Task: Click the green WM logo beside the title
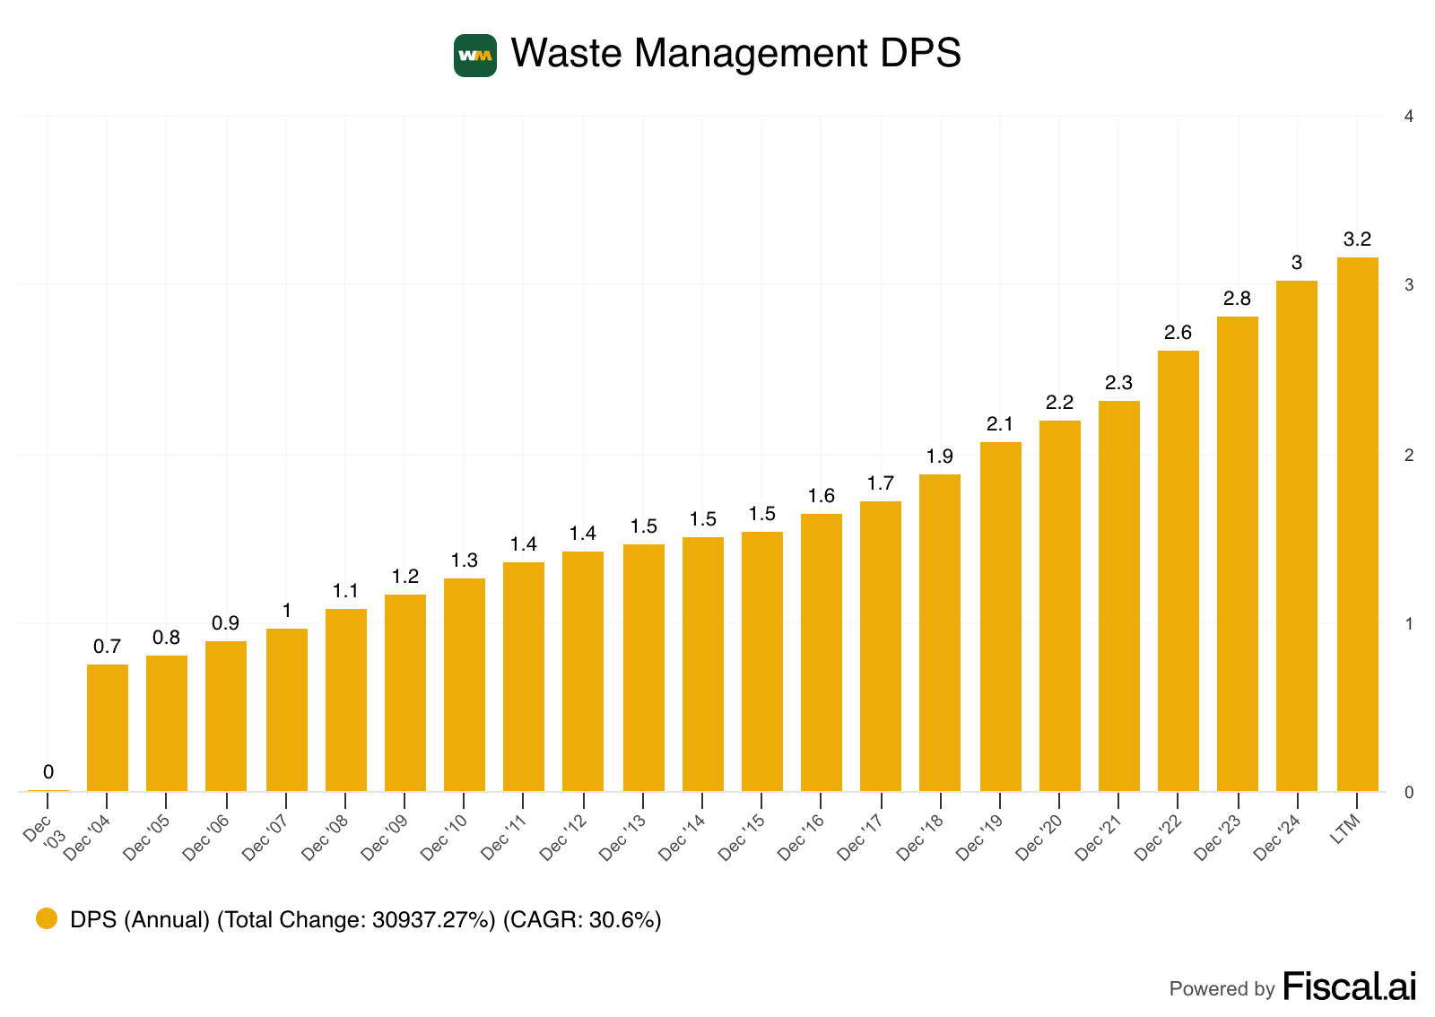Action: click(x=474, y=56)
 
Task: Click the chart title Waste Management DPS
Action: click(x=735, y=53)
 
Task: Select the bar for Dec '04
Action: click(x=108, y=727)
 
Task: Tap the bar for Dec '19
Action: click(x=1000, y=616)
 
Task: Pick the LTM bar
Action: click(x=1357, y=524)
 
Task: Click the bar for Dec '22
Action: click(x=1178, y=570)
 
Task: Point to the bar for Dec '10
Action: click(x=465, y=684)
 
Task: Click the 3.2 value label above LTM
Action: click(x=1357, y=239)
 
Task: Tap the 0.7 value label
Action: click(x=107, y=647)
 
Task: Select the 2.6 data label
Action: click(x=1178, y=333)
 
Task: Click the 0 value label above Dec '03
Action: click(x=48, y=772)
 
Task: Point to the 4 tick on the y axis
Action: click(x=1409, y=117)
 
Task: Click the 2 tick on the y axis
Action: click(x=1409, y=456)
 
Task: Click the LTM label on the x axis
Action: click(x=1345, y=830)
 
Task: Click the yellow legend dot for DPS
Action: click(x=47, y=918)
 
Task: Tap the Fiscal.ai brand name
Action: click(x=1349, y=987)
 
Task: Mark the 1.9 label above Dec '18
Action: click(x=939, y=456)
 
